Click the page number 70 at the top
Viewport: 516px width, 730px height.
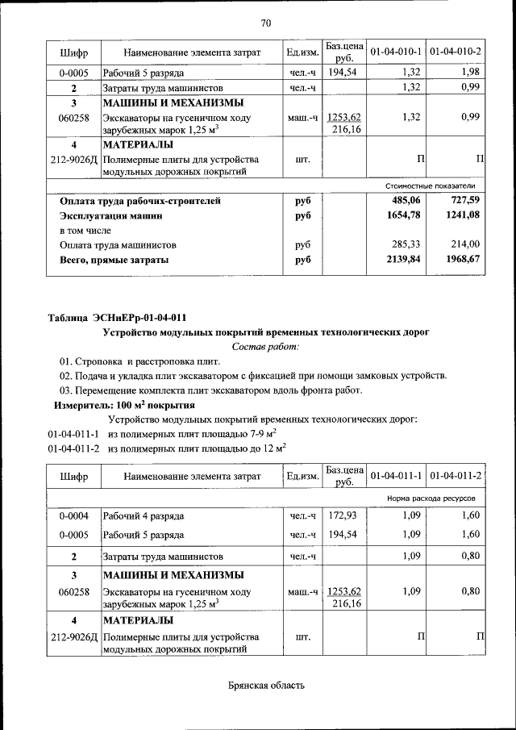(x=266, y=22)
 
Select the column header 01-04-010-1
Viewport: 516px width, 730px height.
(x=397, y=52)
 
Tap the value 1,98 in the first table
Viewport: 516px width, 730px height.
(x=471, y=73)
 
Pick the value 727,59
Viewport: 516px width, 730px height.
(x=465, y=200)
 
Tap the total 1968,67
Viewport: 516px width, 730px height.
(x=463, y=260)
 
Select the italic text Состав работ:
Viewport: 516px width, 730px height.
(x=265, y=346)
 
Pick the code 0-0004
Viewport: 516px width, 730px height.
(x=73, y=515)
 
